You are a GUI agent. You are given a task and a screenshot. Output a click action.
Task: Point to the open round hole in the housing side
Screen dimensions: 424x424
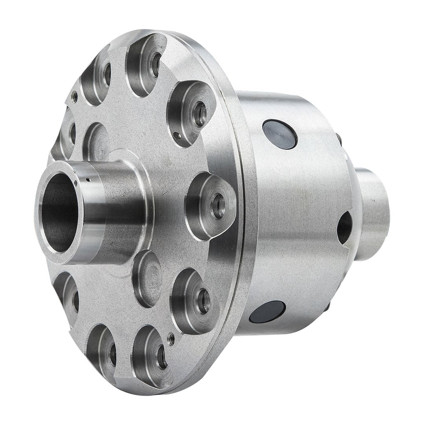tap(345, 227)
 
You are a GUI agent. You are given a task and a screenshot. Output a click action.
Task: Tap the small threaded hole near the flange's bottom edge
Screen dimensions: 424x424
tap(172, 338)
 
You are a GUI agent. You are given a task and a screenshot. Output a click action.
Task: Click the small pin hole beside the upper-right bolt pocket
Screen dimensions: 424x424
tap(178, 136)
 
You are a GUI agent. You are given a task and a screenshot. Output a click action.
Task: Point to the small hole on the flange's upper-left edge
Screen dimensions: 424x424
tap(73, 94)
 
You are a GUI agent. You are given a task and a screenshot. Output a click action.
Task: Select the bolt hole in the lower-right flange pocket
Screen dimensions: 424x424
tap(203, 302)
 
